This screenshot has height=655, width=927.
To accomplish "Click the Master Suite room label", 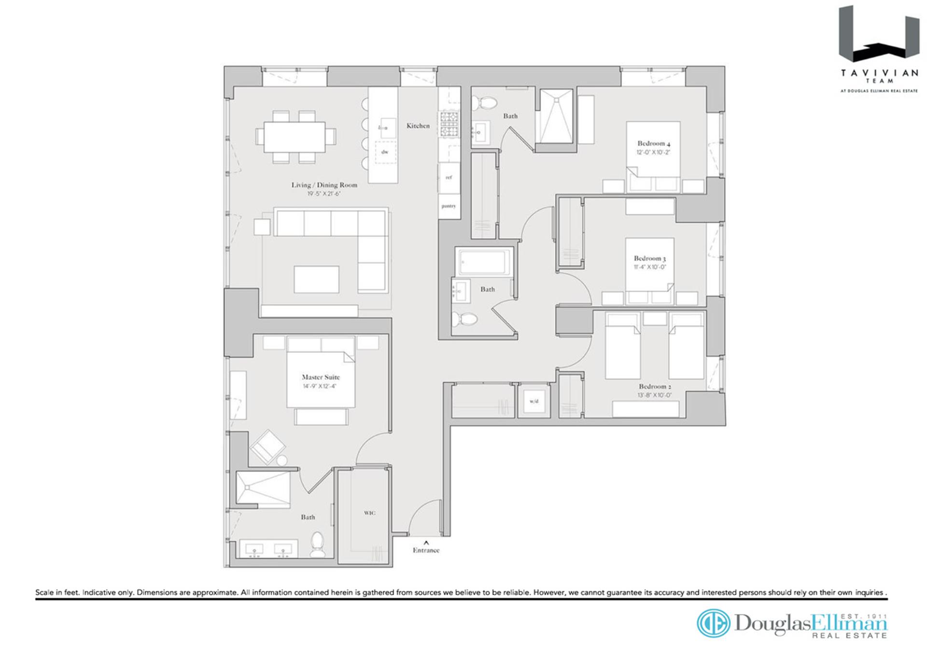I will [321, 377].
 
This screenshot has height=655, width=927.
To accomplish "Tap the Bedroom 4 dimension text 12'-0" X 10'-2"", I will [653, 152].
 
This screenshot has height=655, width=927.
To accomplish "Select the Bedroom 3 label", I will [649, 258].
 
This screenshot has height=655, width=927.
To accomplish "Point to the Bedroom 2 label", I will [655, 386].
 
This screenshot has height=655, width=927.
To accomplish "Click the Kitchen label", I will [418, 125].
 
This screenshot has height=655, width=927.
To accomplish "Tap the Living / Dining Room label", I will [324, 185].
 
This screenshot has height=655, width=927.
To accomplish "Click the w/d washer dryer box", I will [534, 401].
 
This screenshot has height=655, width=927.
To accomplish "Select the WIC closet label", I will [369, 513].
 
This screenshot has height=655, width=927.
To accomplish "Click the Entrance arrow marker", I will [426, 543].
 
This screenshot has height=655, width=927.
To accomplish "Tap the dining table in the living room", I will [294, 137].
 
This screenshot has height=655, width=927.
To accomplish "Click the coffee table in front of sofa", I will [316, 279].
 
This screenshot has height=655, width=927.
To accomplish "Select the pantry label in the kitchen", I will [449, 206].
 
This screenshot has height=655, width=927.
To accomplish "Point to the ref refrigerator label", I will [449, 177].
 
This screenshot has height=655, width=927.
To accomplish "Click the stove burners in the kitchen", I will [449, 124].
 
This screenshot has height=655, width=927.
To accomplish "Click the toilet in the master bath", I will [317, 544].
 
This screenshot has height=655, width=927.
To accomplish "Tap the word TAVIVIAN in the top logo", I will [879, 73].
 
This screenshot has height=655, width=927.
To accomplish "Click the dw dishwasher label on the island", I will [385, 152].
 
